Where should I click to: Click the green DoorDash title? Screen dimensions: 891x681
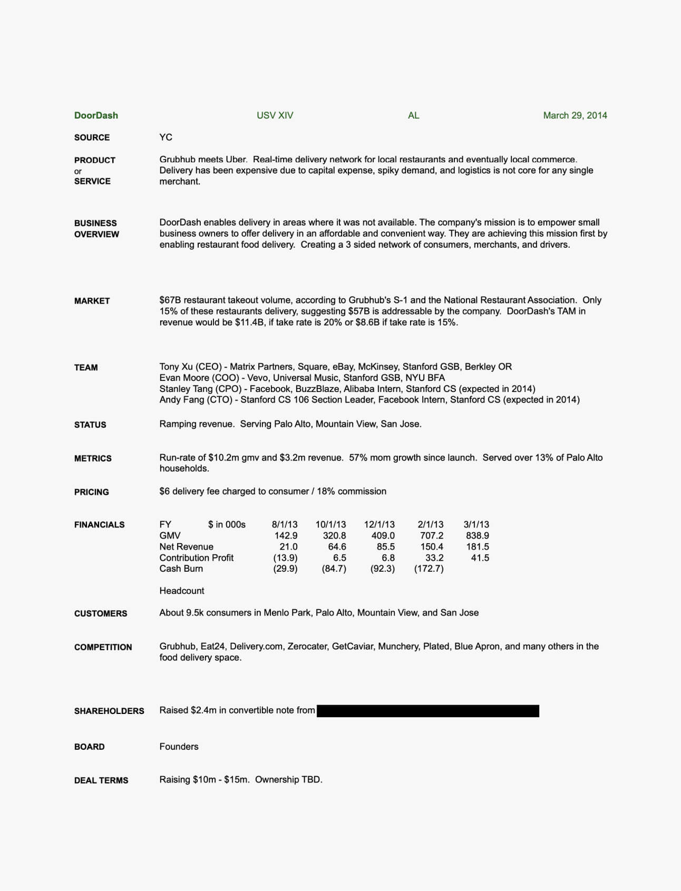click(x=96, y=115)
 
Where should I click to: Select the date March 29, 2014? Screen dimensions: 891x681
click(x=575, y=115)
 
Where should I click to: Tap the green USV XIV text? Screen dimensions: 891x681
click(x=275, y=115)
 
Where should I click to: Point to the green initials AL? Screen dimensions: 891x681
click(x=413, y=115)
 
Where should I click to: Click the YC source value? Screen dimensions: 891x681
click(x=166, y=137)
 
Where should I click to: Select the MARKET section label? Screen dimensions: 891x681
click(x=92, y=301)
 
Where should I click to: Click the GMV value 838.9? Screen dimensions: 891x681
click(x=477, y=535)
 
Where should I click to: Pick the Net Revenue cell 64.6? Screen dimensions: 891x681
click(x=337, y=546)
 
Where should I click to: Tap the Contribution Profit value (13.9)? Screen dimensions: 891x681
click(x=285, y=557)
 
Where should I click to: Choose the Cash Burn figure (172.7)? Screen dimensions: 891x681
click(x=429, y=569)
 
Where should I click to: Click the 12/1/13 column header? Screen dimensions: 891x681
click(x=379, y=524)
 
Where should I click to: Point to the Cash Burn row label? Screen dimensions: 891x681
click(x=181, y=569)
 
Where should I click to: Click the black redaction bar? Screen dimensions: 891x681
click(x=427, y=711)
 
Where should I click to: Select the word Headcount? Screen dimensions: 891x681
click(x=182, y=591)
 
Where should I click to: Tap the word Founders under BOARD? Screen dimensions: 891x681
click(x=179, y=747)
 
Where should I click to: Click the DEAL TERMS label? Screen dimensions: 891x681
click(x=101, y=780)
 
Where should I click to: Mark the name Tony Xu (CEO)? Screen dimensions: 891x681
click(x=190, y=367)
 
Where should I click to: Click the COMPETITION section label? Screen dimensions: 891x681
click(x=103, y=647)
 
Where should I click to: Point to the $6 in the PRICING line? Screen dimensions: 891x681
click(x=164, y=491)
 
